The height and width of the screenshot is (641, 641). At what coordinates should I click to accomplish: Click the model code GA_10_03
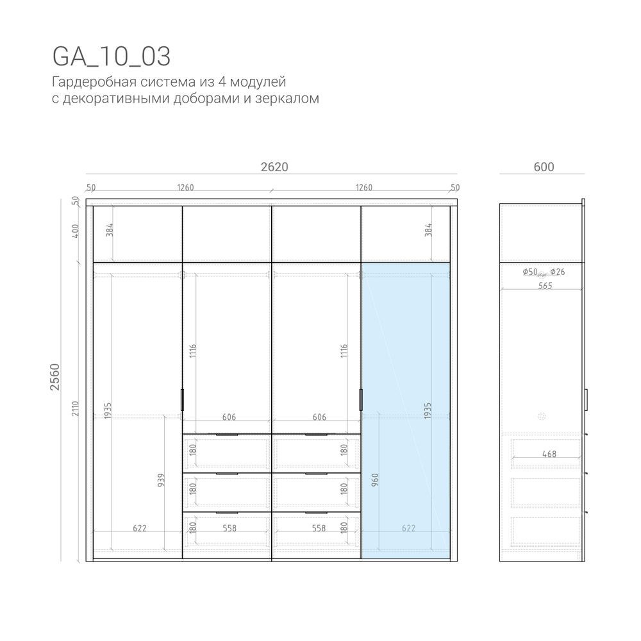coord(111,56)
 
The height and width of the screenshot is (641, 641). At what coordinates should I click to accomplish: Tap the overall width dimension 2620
coord(274,167)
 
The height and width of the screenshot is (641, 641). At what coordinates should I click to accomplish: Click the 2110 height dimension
coord(76,409)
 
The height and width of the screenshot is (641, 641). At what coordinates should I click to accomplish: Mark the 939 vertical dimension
coord(161,481)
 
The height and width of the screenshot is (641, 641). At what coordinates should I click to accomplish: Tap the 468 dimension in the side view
coord(548,454)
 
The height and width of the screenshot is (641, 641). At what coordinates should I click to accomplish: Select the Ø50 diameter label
coord(530,272)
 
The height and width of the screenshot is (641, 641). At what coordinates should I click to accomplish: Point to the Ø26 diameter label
coord(558,272)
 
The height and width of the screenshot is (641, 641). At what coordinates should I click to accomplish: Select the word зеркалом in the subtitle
coord(290,99)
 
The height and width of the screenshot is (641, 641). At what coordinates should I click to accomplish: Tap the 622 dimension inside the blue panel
coord(408,529)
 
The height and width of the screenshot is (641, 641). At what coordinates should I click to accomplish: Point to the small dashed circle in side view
coord(542,416)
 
